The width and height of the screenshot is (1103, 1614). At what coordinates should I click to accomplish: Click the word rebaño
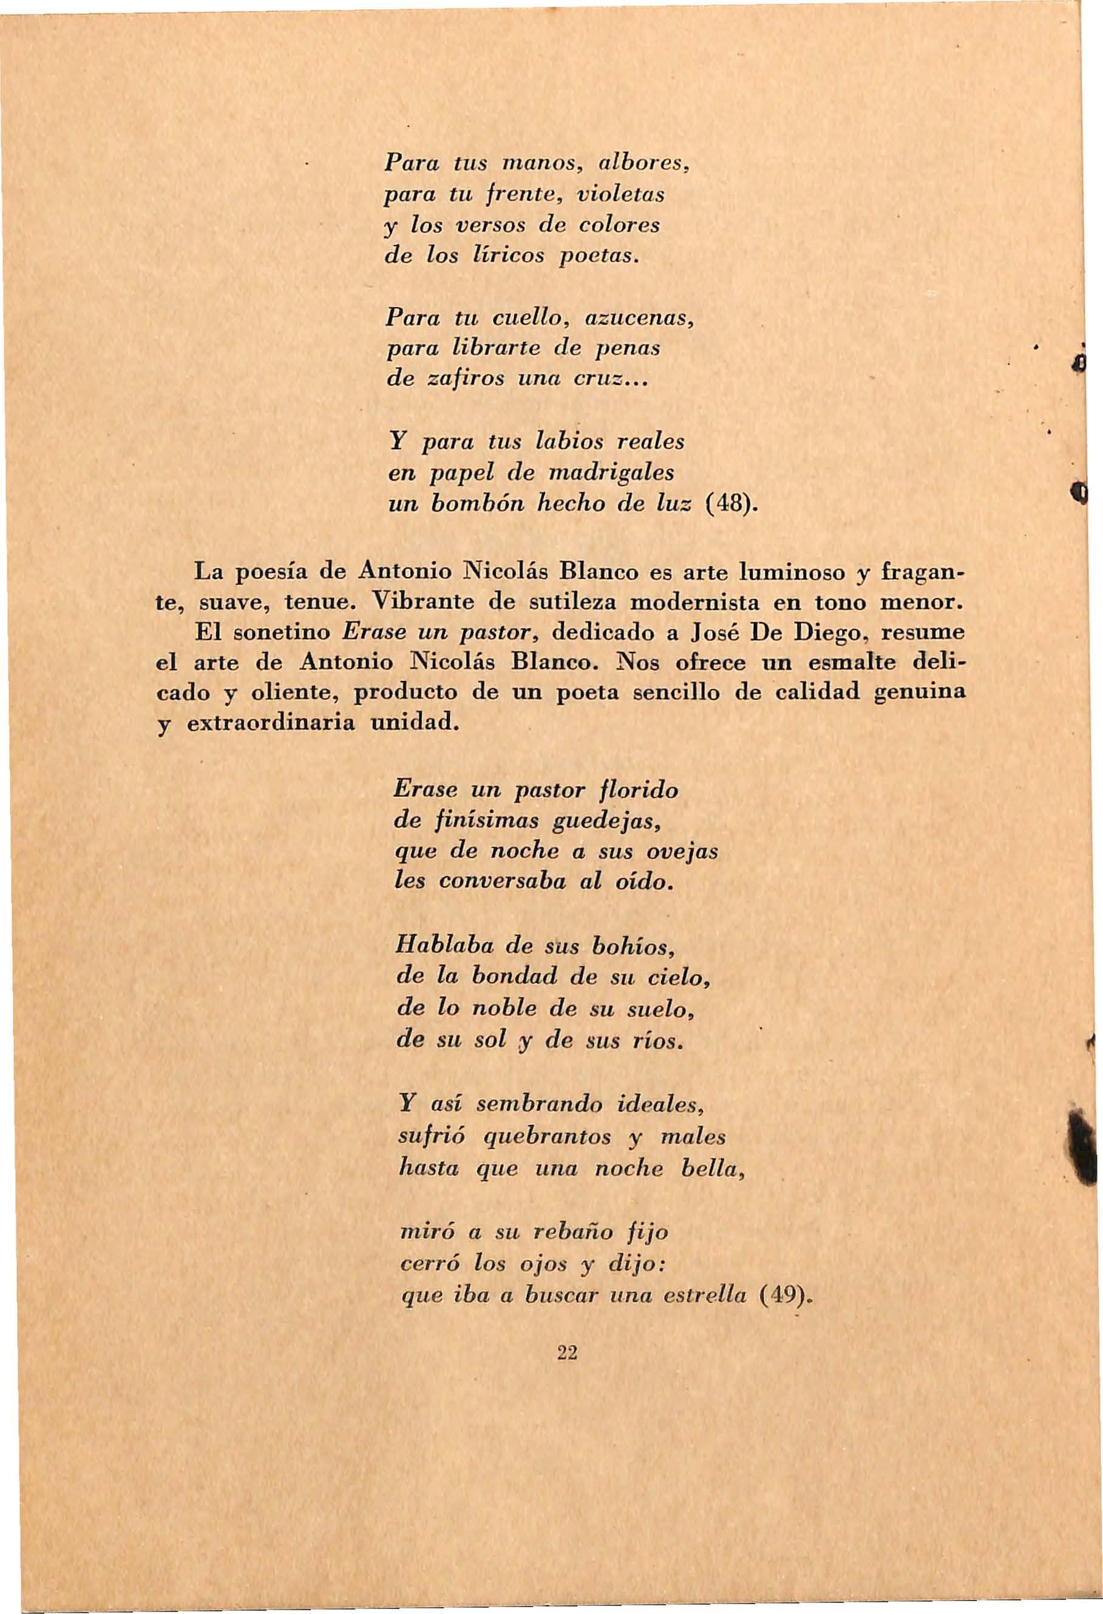574,1233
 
